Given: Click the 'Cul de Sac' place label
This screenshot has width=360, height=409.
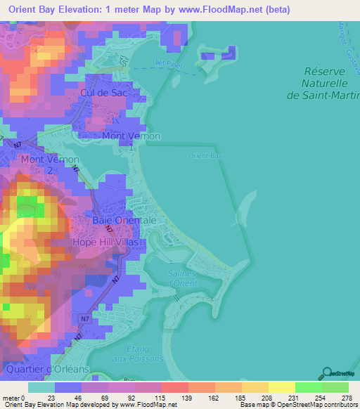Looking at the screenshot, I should [x=106, y=92].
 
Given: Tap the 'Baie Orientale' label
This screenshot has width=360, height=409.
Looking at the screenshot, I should [x=124, y=220].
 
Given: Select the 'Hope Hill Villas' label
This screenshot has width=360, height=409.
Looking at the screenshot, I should [x=109, y=242].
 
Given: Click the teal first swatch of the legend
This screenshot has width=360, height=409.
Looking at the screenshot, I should [x=41, y=387].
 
